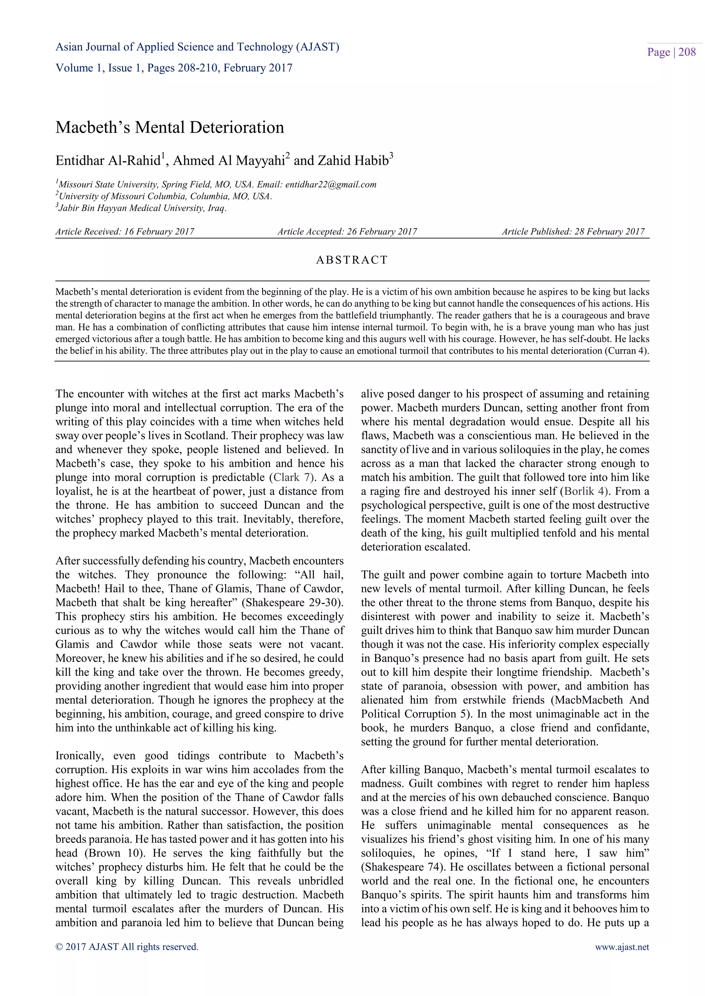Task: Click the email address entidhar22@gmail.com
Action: tap(331, 184)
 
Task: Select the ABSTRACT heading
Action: tap(352, 260)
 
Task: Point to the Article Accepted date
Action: tap(347, 232)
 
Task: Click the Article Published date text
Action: tap(573, 232)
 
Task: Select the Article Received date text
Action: tap(125, 232)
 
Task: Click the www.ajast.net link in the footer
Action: tap(622, 946)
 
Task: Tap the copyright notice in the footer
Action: tap(127, 946)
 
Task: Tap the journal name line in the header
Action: tap(197, 47)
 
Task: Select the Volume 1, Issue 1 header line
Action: tap(173, 68)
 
